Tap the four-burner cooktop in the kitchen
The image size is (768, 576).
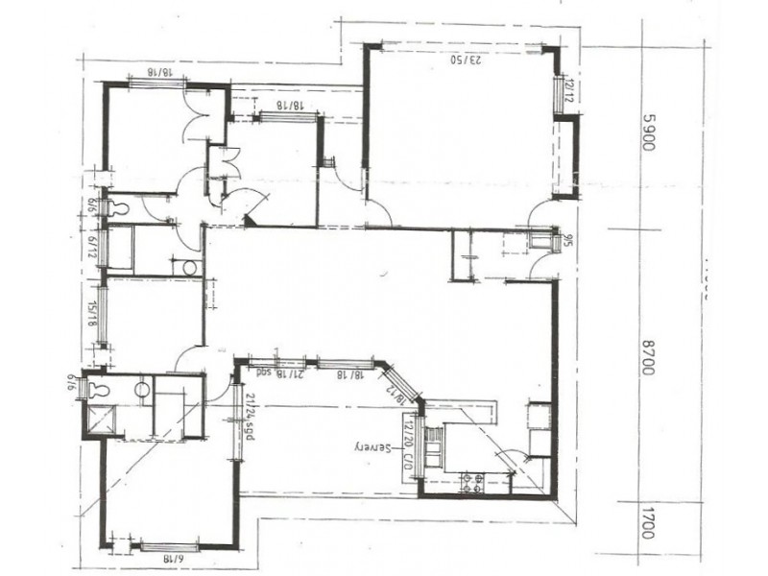[472, 483]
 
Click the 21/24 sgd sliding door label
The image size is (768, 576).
[249, 413]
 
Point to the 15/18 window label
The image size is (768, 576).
[93, 316]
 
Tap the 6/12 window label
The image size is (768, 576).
[93, 246]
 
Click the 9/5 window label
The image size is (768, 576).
[569, 240]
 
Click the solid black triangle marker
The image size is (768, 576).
[250, 222]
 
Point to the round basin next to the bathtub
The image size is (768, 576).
[189, 267]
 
